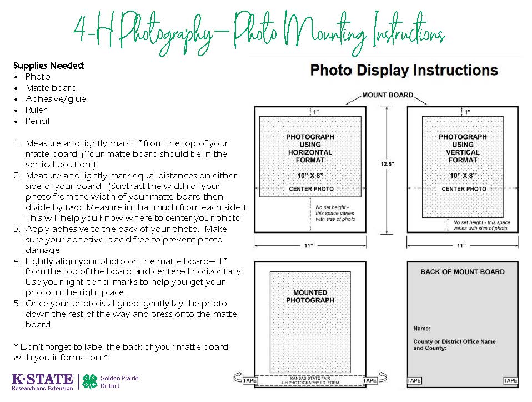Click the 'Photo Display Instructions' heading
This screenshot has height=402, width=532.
tap(404, 71)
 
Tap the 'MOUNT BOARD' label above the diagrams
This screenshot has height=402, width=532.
tap(388, 95)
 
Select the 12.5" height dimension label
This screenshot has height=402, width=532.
tap(387, 164)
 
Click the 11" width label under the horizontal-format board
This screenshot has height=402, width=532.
tap(308, 245)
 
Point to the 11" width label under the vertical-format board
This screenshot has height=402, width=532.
tap(461, 245)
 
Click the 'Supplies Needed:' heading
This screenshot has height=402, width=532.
tap(49, 66)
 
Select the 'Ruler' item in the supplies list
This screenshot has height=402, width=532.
tap(36, 110)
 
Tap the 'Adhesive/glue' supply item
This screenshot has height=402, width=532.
tap(56, 99)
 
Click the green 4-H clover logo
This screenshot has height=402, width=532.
tap(90, 381)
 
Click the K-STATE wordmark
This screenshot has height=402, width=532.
tap(42, 379)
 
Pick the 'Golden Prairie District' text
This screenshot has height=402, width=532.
tap(119, 382)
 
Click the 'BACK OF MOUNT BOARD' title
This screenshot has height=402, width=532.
tap(463, 272)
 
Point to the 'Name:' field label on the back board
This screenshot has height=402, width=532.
tap(421, 329)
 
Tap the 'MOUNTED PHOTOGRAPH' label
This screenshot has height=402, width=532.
tap(310, 296)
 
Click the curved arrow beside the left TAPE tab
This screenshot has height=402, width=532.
tap(238, 377)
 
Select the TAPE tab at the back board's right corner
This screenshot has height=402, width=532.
tap(510, 380)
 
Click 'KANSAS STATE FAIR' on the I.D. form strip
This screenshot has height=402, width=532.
tap(310, 378)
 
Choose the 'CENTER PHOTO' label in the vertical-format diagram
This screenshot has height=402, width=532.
tap(464, 189)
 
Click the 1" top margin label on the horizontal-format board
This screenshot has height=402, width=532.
tap(316, 112)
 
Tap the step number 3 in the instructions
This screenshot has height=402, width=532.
tap(17, 229)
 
